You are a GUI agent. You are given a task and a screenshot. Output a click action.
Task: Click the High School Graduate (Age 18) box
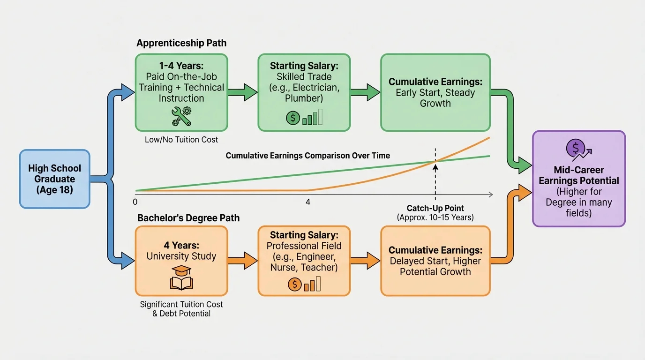click(54, 179)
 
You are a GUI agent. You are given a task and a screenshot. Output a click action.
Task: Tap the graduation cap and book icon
click(181, 278)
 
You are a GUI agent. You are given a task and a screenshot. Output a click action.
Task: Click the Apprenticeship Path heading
click(181, 43)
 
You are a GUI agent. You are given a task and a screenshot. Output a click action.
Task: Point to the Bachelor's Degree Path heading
click(188, 218)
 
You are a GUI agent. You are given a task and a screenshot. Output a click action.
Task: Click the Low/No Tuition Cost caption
click(181, 140)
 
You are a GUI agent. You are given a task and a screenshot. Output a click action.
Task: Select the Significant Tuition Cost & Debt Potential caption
click(181, 308)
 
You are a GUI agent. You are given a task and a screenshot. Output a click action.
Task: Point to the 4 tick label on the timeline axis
click(308, 202)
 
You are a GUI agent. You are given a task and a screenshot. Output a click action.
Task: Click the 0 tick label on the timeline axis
click(135, 202)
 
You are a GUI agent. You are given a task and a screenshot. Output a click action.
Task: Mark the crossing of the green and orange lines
click(435, 162)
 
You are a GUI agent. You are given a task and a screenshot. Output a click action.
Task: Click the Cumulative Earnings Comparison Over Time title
click(307, 156)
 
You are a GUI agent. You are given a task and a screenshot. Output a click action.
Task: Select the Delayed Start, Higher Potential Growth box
click(435, 261)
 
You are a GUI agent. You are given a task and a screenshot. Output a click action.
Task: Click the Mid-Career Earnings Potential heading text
click(579, 175)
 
